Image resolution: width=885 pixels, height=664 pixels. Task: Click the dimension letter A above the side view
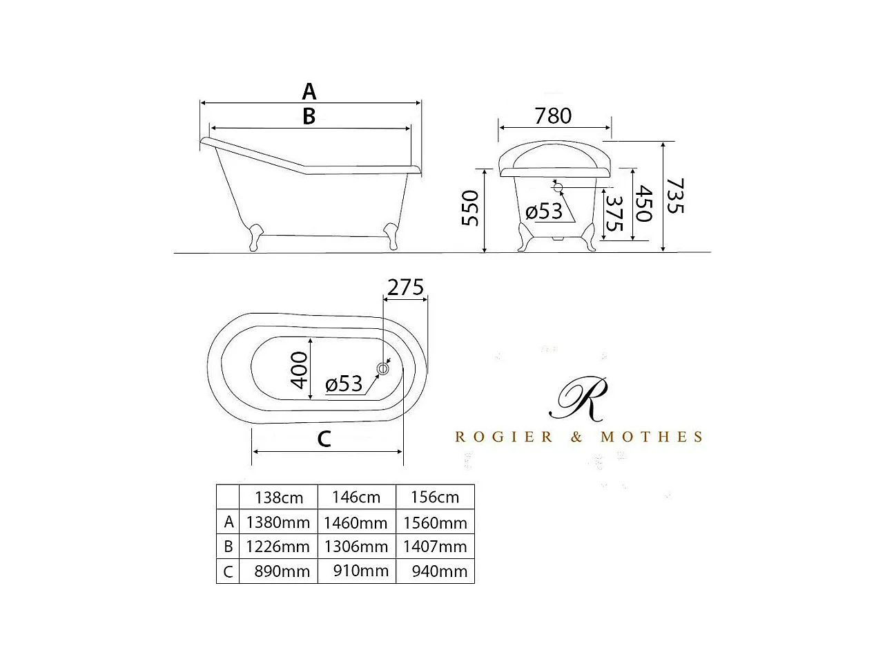click(x=309, y=91)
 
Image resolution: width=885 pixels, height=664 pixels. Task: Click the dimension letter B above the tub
click(x=309, y=117)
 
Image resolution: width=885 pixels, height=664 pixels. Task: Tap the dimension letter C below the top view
click(x=324, y=438)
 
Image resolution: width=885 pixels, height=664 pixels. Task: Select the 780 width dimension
click(x=553, y=115)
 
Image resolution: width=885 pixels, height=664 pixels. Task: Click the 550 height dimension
click(x=470, y=208)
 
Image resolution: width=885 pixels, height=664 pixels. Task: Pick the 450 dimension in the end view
click(x=643, y=203)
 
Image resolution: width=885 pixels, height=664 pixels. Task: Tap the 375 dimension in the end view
click(x=614, y=214)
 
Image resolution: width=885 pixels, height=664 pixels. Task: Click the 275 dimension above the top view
click(x=405, y=287)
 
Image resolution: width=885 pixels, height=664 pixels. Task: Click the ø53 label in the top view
click(x=344, y=383)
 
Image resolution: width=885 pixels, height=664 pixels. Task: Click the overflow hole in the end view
click(x=558, y=187)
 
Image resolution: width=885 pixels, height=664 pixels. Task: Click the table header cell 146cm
click(x=356, y=497)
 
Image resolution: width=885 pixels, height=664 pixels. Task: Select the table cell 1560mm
click(x=435, y=522)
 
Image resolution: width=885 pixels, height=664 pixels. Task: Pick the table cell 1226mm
click(x=278, y=547)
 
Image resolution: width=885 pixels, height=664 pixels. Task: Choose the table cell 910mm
click(x=356, y=571)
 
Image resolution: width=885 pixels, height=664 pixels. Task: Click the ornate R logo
click(x=578, y=399)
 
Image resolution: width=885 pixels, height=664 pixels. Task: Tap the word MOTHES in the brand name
click(x=652, y=437)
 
